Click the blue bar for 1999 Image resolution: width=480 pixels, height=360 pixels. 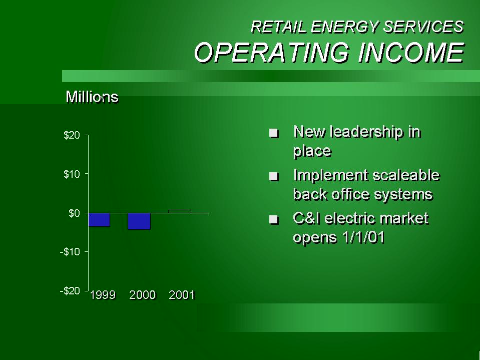(99, 220)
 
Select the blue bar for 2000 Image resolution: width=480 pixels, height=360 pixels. (139, 221)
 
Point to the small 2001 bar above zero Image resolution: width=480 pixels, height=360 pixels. (180, 211)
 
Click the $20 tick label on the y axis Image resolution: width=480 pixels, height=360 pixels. (72, 135)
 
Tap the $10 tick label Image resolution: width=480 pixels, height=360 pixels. (72, 174)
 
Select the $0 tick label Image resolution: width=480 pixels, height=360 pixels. (75, 213)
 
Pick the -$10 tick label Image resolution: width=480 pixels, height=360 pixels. (70, 252)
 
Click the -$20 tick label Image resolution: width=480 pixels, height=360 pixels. (70, 291)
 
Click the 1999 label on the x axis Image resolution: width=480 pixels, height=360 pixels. (103, 295)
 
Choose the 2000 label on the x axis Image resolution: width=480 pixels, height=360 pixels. (142, 295)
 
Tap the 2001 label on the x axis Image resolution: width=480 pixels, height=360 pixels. (182, 295)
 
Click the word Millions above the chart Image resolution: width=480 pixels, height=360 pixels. (92, 97)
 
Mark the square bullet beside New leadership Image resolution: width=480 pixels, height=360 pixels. (274, 133)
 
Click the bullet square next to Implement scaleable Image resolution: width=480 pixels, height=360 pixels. (274, 177)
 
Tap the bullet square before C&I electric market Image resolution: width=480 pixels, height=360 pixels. (274, 219)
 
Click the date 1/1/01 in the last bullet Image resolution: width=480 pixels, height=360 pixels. (364, 237)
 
